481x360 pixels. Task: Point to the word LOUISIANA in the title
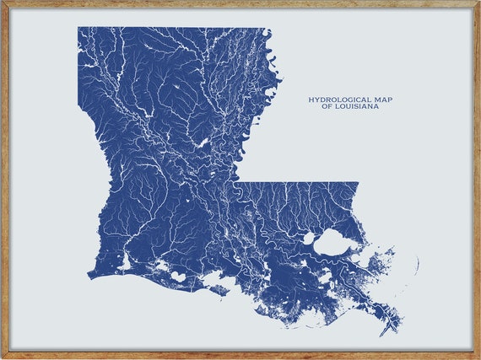click(x=357, y=107)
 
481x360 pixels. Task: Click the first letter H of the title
click(x=311, y=99)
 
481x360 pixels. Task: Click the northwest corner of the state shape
click(x=78, y=28)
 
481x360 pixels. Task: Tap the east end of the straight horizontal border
click(x=358, y=183)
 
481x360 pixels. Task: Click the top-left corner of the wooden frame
click(x=2, y=2)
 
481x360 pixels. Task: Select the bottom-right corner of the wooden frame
click(x=478, y=357)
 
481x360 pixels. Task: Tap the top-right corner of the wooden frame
click(x=478, y=2)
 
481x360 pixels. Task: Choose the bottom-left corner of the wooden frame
click(x=2, y=357)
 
